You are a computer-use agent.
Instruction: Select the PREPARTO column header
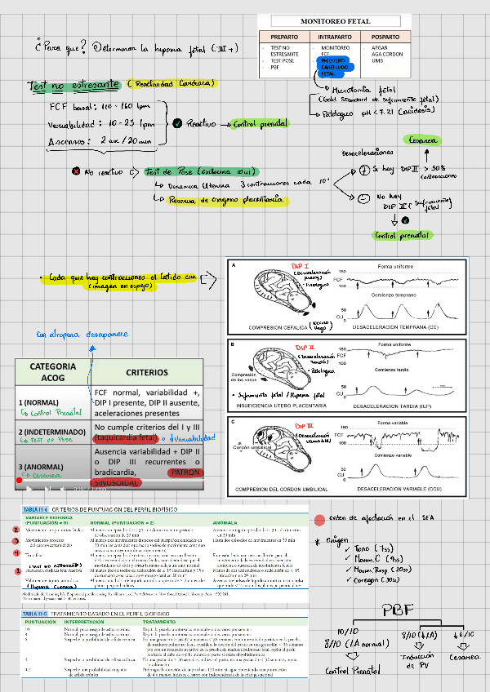pyautogui.click(x=284, y=37)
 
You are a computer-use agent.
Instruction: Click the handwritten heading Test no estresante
pyautogui.click(x=72, y=85)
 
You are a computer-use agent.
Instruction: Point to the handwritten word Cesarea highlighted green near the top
pyautogui.click(x=424, y=139)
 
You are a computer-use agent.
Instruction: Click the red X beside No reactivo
pyautogui.click(x=76, y=172)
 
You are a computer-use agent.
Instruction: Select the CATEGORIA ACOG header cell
pyautogui.click(x=53, y=372)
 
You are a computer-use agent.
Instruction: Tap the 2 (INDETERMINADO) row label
pyautogui.click(x=51, y=431)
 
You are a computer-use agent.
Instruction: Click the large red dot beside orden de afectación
pyautogui.click(x=319, y=520)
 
